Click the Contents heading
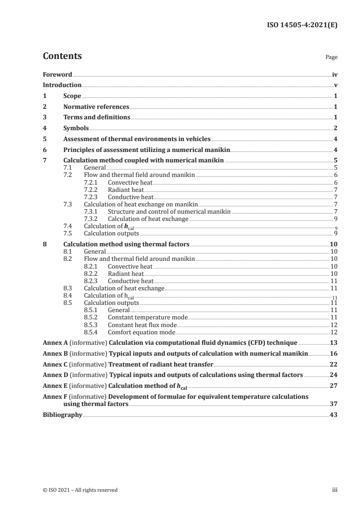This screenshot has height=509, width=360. point(62,56)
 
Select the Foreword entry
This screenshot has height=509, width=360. point(57,74)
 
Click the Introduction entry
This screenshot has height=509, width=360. point(62,85)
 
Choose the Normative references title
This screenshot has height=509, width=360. point(96,107)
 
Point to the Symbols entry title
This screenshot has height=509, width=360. point(76,128)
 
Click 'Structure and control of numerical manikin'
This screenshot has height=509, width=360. point(169,211)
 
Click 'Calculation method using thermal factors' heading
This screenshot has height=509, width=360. point(126,245)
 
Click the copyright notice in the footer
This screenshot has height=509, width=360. point(80,490)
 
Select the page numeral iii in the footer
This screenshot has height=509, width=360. point(335,490)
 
